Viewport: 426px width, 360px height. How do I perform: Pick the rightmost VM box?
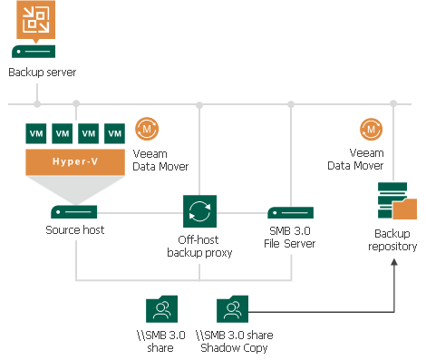pyautogui.click(x=114, y=133)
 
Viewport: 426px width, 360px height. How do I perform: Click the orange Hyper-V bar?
pyautogui.click(x=75, y=161)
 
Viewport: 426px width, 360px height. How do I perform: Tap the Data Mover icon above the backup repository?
pyautogui.click(x=370, y=128)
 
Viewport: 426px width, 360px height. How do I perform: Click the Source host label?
pyautogui.click(x=75, y=230)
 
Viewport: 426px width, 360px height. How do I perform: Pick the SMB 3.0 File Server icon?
pyautogui.click(x=290, y=211)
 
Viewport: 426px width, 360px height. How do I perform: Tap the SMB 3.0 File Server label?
pyautogui.click(x=290, y=238)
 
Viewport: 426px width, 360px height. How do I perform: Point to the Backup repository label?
pyautogui.click(x=394, y=239)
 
